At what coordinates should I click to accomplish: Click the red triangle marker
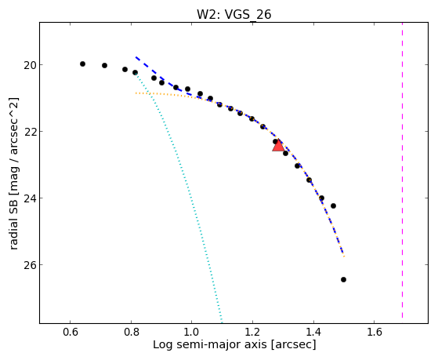(x=278, y=145)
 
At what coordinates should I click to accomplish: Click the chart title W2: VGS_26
(x=233, y=14)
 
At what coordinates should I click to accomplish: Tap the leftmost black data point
(x=82, y=64)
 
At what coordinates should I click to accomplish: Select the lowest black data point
(x=344, y=280)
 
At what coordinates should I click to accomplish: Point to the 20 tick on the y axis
(x=28, y=65)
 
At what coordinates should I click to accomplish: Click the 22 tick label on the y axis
(x=28, y=132)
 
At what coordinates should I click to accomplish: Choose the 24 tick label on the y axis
(x=28, y=198)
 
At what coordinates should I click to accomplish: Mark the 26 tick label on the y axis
(x=28, y=264)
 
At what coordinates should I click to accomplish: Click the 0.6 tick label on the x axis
(x=70, y=332)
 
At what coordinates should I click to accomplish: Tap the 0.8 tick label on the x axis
(x=131, y=332)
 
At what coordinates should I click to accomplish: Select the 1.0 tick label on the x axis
(x=192, y=332)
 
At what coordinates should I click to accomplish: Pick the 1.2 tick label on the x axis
(x=253, y=332)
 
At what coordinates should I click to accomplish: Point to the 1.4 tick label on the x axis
(x=313, y=332)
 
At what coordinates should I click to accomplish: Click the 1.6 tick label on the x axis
(x=375, y=332)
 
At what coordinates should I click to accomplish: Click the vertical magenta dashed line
(x=402, y=170)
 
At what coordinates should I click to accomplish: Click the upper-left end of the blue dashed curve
(x=136, y=57)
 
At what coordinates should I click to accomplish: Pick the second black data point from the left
(x=104, y=65)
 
